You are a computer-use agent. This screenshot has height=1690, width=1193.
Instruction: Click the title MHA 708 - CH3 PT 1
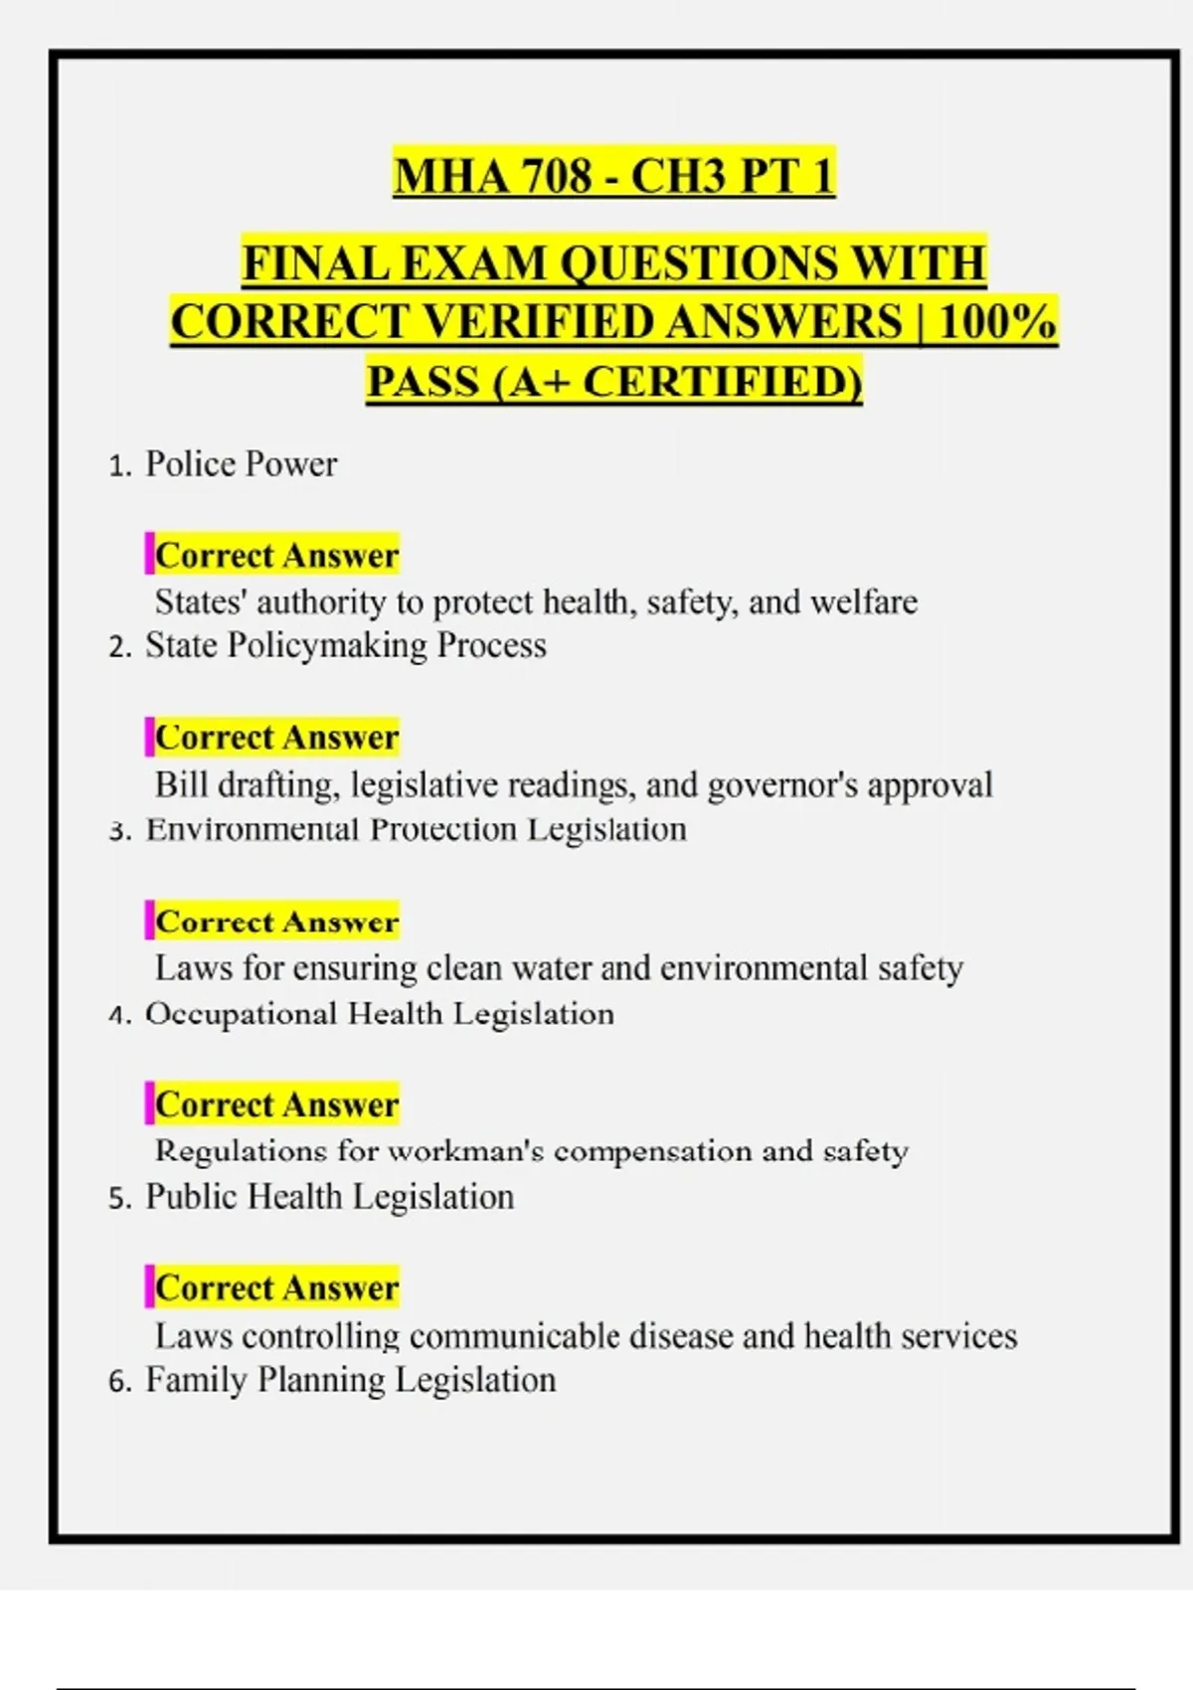(613, 176)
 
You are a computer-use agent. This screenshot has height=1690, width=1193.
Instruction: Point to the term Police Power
(241, 464)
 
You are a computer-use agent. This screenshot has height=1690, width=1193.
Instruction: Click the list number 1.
(119, 466)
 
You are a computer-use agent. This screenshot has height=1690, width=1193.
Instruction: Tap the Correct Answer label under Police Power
(276, 555)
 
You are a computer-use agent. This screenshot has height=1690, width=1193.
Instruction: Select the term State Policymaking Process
(345, 646)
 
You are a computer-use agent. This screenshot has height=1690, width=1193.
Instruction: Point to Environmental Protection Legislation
(416, 829)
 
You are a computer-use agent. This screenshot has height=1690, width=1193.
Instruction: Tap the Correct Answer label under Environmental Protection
(276, 922)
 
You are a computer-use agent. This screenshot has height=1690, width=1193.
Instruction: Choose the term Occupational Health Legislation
(380, 1014)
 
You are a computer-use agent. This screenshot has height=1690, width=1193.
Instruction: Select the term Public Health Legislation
(329, 1197)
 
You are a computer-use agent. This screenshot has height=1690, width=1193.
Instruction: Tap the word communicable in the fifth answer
(513, 1336)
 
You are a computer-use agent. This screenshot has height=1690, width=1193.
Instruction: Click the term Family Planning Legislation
(350, 1380)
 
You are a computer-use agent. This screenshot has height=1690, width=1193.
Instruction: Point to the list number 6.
(119, 1382)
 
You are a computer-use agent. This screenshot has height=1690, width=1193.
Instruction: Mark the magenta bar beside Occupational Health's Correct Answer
(149, 1103)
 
